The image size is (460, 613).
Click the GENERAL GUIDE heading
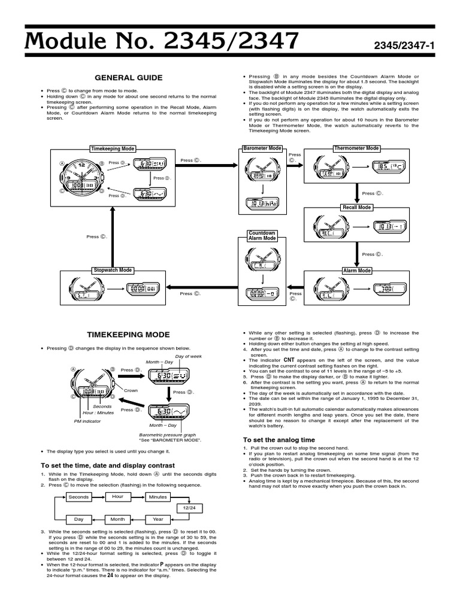point(129,78)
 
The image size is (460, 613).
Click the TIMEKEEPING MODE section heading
point(129,335)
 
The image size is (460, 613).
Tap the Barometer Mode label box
point(262,148)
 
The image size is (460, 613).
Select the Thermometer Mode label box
point(356,148)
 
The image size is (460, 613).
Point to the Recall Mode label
point(357,207)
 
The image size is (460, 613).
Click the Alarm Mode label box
point(357,271)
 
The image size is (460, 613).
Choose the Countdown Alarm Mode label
point(262,235)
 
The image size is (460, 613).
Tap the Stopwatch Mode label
point(113,271)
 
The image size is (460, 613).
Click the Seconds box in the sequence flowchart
point(78,497)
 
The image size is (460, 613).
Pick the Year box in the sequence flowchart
point(158,520)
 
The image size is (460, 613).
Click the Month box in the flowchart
point(117,520)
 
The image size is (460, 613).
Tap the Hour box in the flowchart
point(117,497)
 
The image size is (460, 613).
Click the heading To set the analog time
point(279,440)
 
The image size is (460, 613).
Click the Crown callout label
point(131,390)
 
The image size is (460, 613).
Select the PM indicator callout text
point(87,421)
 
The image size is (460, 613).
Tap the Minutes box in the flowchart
point(158,497)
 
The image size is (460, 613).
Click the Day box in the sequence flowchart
point(78,520)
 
